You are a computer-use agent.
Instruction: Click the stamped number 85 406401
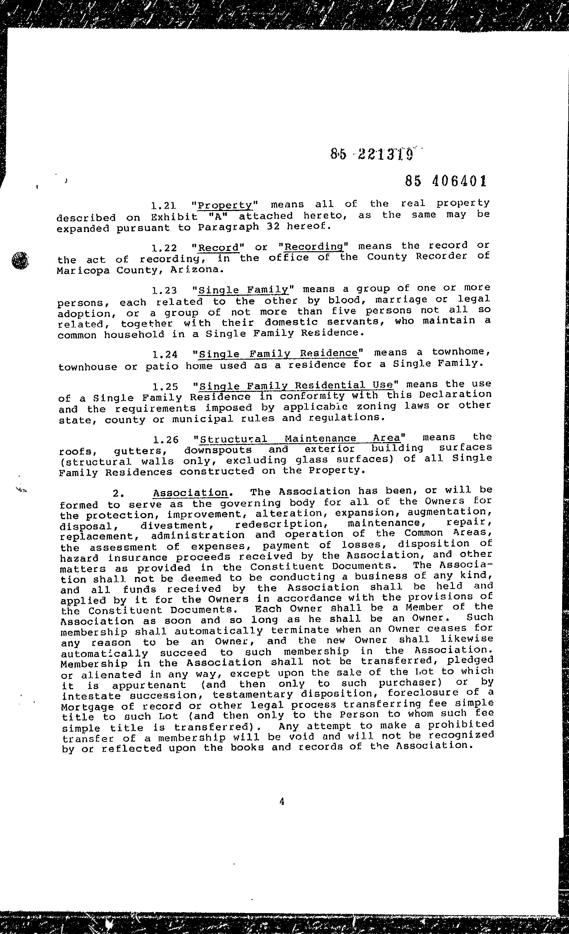(445, 181)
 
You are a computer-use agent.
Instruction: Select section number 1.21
(163, 206)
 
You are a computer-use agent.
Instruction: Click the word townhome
(461, 352)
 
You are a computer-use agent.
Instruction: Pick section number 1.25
(165, 387)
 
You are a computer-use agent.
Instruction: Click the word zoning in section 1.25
(371, 406)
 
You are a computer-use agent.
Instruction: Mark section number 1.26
(166, 440)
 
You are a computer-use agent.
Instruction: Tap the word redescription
(279, 524)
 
